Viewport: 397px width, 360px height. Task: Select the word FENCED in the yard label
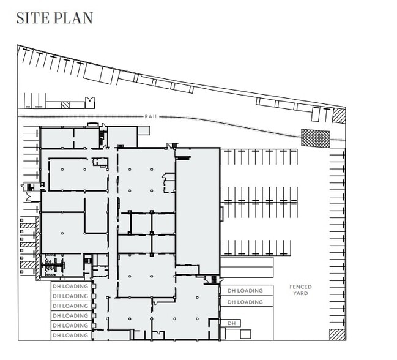[x=300, y=287]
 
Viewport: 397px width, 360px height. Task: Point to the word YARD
[x=300, y=294]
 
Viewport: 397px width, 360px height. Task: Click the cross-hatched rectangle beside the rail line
[x=315, y=137]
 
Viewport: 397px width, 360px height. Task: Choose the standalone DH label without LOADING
[x=231, y=323]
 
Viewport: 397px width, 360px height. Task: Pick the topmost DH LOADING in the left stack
[x=70, y=286]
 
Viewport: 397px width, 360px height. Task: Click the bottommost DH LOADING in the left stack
[x=70, y=336]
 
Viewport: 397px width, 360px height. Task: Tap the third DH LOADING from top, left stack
[x=70, y=306]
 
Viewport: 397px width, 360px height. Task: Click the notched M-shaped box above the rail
[x=91, y=102]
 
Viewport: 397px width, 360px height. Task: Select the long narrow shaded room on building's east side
[x=198, y=211]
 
